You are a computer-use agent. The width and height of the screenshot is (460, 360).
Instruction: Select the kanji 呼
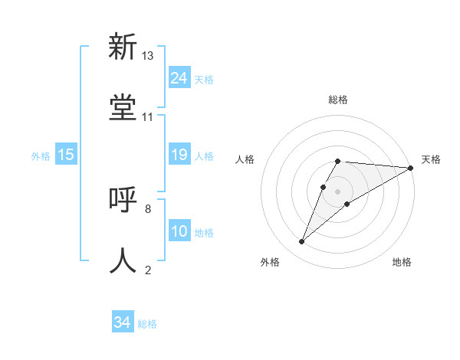click(123, 200)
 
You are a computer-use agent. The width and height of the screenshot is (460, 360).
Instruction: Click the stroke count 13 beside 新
click(148, 55)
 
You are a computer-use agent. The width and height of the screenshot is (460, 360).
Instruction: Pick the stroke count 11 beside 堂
click(148, 116)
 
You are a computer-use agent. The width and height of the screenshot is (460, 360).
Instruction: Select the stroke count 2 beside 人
click(148, 270)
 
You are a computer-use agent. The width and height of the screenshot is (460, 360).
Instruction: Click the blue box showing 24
click(179, 78)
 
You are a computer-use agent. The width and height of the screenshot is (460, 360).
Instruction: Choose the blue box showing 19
click(179, 155)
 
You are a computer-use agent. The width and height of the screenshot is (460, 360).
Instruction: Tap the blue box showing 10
click(179, 231)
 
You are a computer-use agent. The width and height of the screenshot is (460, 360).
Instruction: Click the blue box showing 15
click(66, 155)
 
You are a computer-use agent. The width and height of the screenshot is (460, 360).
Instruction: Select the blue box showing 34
click(123, 322)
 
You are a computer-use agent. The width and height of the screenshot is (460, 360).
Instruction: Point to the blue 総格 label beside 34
click(147, 324)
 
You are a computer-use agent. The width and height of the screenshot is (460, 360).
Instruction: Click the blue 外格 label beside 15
click(41, 156)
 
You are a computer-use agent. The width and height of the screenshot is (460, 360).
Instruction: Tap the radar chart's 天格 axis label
click(431, 159)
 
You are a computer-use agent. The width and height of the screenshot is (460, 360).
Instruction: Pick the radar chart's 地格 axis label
click(402, 262)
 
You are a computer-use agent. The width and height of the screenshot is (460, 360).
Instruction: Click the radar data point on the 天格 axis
click(410, 168)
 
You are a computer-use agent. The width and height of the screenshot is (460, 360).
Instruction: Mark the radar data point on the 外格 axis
click(302, 242)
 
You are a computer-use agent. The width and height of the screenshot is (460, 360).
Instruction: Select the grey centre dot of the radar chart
click(337, 191)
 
